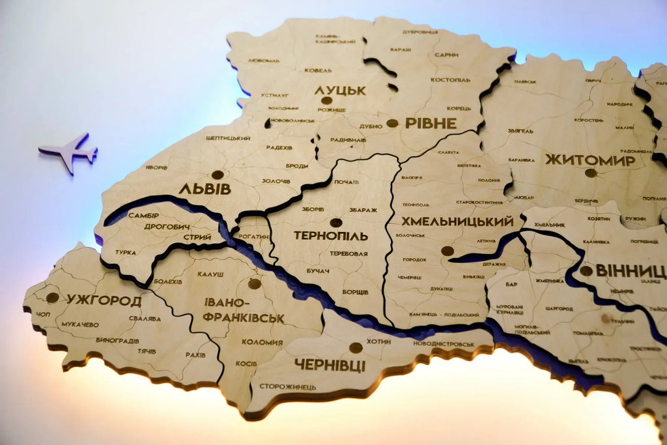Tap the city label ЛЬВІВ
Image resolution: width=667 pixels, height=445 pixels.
[x=205, y=189]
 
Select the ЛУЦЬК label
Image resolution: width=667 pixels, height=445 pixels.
[x=340, y=91]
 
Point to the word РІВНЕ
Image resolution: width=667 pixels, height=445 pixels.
[x=431, y=122]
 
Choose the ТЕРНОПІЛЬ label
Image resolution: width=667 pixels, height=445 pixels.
[x=331, y=235]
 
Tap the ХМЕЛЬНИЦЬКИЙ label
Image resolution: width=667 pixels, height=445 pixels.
[x=457, y=222]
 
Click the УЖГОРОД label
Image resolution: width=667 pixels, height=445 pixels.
[x=104, y=301]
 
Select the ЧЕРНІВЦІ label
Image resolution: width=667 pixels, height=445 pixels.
[x=330, y=364]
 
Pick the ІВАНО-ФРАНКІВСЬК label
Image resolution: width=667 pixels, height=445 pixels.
[x=243, y=310]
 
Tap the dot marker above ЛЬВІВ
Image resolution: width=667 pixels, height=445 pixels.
[x=218, y=175]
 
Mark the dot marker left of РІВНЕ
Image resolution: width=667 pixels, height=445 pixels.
[x=392, y=122]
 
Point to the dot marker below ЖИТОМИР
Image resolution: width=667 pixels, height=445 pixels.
[x=591, y=173]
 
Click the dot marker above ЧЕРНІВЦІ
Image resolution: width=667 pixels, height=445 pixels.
[x=356, y=348]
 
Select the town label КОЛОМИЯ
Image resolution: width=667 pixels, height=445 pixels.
[x=262, y=342]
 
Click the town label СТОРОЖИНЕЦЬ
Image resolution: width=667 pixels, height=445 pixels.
[x=288, y=386]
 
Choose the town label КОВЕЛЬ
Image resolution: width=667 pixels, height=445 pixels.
[x=318, y=70]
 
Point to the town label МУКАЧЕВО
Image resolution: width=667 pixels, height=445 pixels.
[x=80, y=324]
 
